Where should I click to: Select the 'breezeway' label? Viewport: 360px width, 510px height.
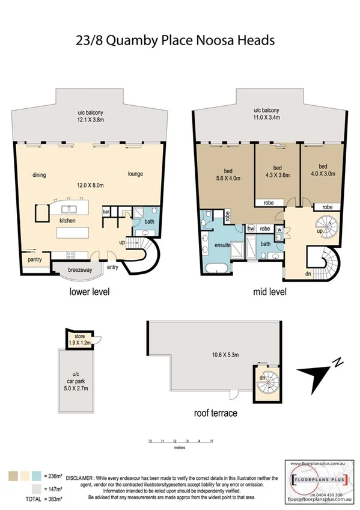[79, 270]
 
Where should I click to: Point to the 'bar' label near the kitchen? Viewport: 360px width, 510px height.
[106, 212]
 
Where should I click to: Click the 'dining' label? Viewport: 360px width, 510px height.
[40, 175]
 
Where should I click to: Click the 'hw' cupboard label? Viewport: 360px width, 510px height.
[251, 229]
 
